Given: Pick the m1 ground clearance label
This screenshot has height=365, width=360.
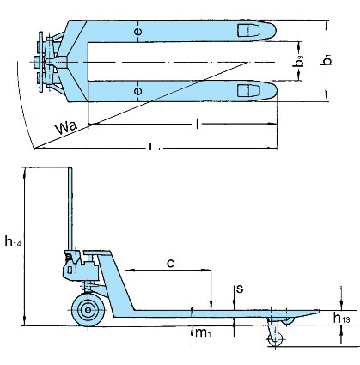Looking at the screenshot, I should click(200, 332).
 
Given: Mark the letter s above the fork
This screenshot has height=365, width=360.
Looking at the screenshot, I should click(239, 289).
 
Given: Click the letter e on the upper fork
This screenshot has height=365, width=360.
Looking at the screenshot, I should click(137, 33).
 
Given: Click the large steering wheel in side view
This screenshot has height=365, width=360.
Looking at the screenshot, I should click(87, 310).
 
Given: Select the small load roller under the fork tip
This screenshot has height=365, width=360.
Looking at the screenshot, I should click(277, 339).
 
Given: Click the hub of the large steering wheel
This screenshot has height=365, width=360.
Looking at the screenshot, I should click(87, 310).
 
